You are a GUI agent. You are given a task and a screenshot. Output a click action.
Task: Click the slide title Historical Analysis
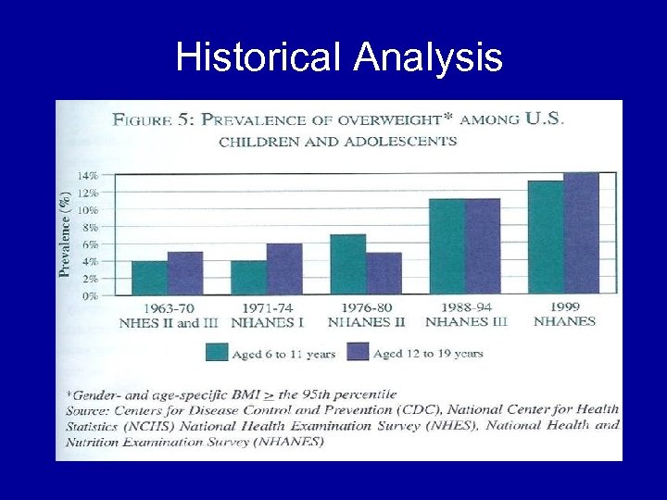[x=339, y=57]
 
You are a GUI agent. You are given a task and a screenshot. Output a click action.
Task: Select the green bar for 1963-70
[x=149, y=278]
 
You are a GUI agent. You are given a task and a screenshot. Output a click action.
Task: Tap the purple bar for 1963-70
[x=184, y=273]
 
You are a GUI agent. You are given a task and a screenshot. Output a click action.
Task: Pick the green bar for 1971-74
[x=248, y=278]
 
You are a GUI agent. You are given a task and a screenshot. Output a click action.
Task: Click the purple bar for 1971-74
[x=283, y=269]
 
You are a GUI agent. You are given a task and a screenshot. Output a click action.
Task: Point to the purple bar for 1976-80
[x=383, y=274]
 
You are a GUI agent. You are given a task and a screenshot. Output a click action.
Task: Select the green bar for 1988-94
[x=447, y=247]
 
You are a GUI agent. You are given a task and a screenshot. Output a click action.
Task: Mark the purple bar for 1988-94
[x=482, y=247]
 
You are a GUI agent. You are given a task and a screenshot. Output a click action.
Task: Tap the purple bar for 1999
[x=581, y=233]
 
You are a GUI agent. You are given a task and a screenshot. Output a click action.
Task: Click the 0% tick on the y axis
[x=89, y=296]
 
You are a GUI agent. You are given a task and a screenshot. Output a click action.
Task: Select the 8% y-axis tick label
[x=89, y=227]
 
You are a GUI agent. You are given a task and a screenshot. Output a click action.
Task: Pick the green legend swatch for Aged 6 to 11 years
[x=218, y=352]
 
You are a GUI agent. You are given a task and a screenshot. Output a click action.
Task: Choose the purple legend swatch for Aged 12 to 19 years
[x=358, y=352]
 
